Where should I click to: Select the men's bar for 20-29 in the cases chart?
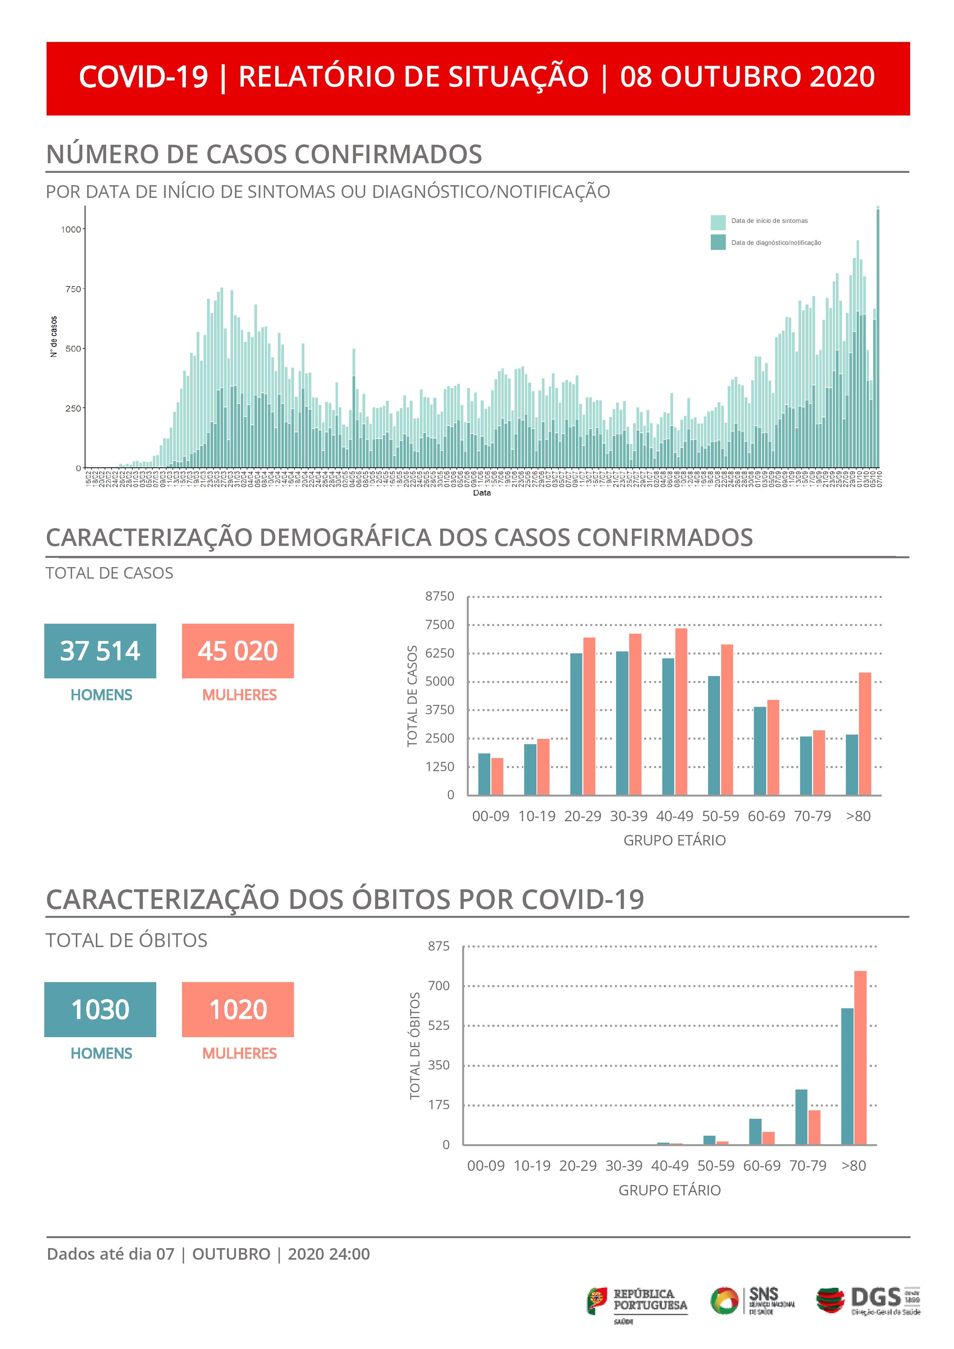point(576,724)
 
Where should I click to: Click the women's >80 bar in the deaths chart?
point(860,1058)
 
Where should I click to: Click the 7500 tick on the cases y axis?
point(440,624)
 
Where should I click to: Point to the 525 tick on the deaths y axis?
point(438,1025)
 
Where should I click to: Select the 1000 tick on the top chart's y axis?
point(71,229)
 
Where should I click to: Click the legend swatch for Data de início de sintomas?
point(718,222)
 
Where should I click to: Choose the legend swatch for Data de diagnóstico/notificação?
point(718,242)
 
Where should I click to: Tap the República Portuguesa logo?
point(637,1302)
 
